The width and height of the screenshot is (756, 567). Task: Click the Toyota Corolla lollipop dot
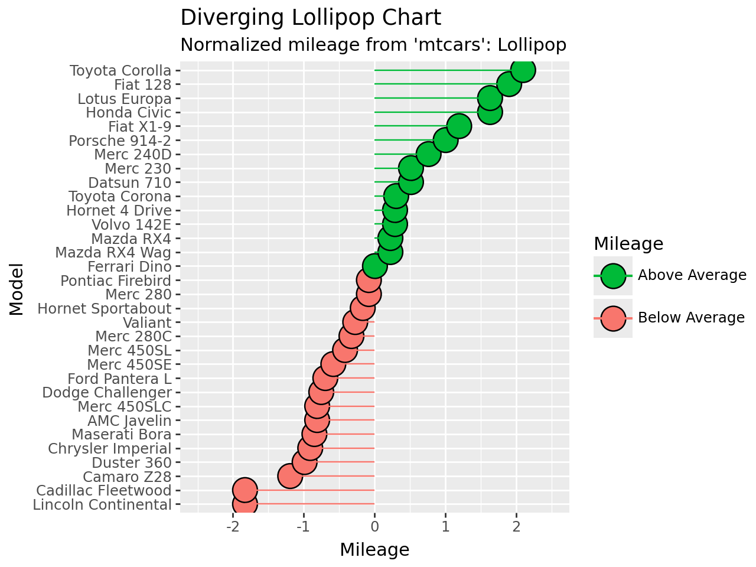pyautogui.click(x=523, y=70)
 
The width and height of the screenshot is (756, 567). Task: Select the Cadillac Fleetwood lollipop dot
pyautogui.click(x=245, y=490)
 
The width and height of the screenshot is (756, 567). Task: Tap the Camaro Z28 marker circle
pyautogui.click(x=289, y=476)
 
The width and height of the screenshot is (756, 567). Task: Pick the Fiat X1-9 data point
pyautogui.click(x=459, y=126)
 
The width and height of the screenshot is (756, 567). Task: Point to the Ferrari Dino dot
pyautogui.click(x=374, y=266)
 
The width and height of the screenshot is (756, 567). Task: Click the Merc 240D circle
pyautogui.click(x=428, y=154)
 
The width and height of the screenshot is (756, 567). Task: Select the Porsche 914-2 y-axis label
pyautogui.click(x=120, y=141)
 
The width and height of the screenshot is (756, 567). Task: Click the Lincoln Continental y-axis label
pyautogui.click(x=102, y=504)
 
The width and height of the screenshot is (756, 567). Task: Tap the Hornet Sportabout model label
pyautogui.click(x=105, y=308)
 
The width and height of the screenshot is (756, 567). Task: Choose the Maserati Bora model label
pyautogui.click(x=122, y=434)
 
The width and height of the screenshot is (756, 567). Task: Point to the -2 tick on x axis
pyautogui.click(x=233, y=526)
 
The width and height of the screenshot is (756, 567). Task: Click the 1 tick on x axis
pyautogui.click(x=445, y=526)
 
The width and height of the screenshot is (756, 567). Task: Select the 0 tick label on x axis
pyautogui.click(x=374, y=526)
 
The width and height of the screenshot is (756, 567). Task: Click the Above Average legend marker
pyautogui.click(x=613, y=276)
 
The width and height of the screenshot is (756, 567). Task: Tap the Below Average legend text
pyautogui.click(x=691, y=318)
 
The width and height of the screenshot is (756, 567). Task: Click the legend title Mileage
pyautogui.click(x=628, y=243)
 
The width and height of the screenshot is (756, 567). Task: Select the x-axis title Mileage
pyautogui.click(x=374, y=550)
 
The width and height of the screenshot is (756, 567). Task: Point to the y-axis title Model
pyautogui.click(x=17, y=289)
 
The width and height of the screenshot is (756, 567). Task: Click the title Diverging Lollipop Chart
pyautogui.click(x=311, y=18)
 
